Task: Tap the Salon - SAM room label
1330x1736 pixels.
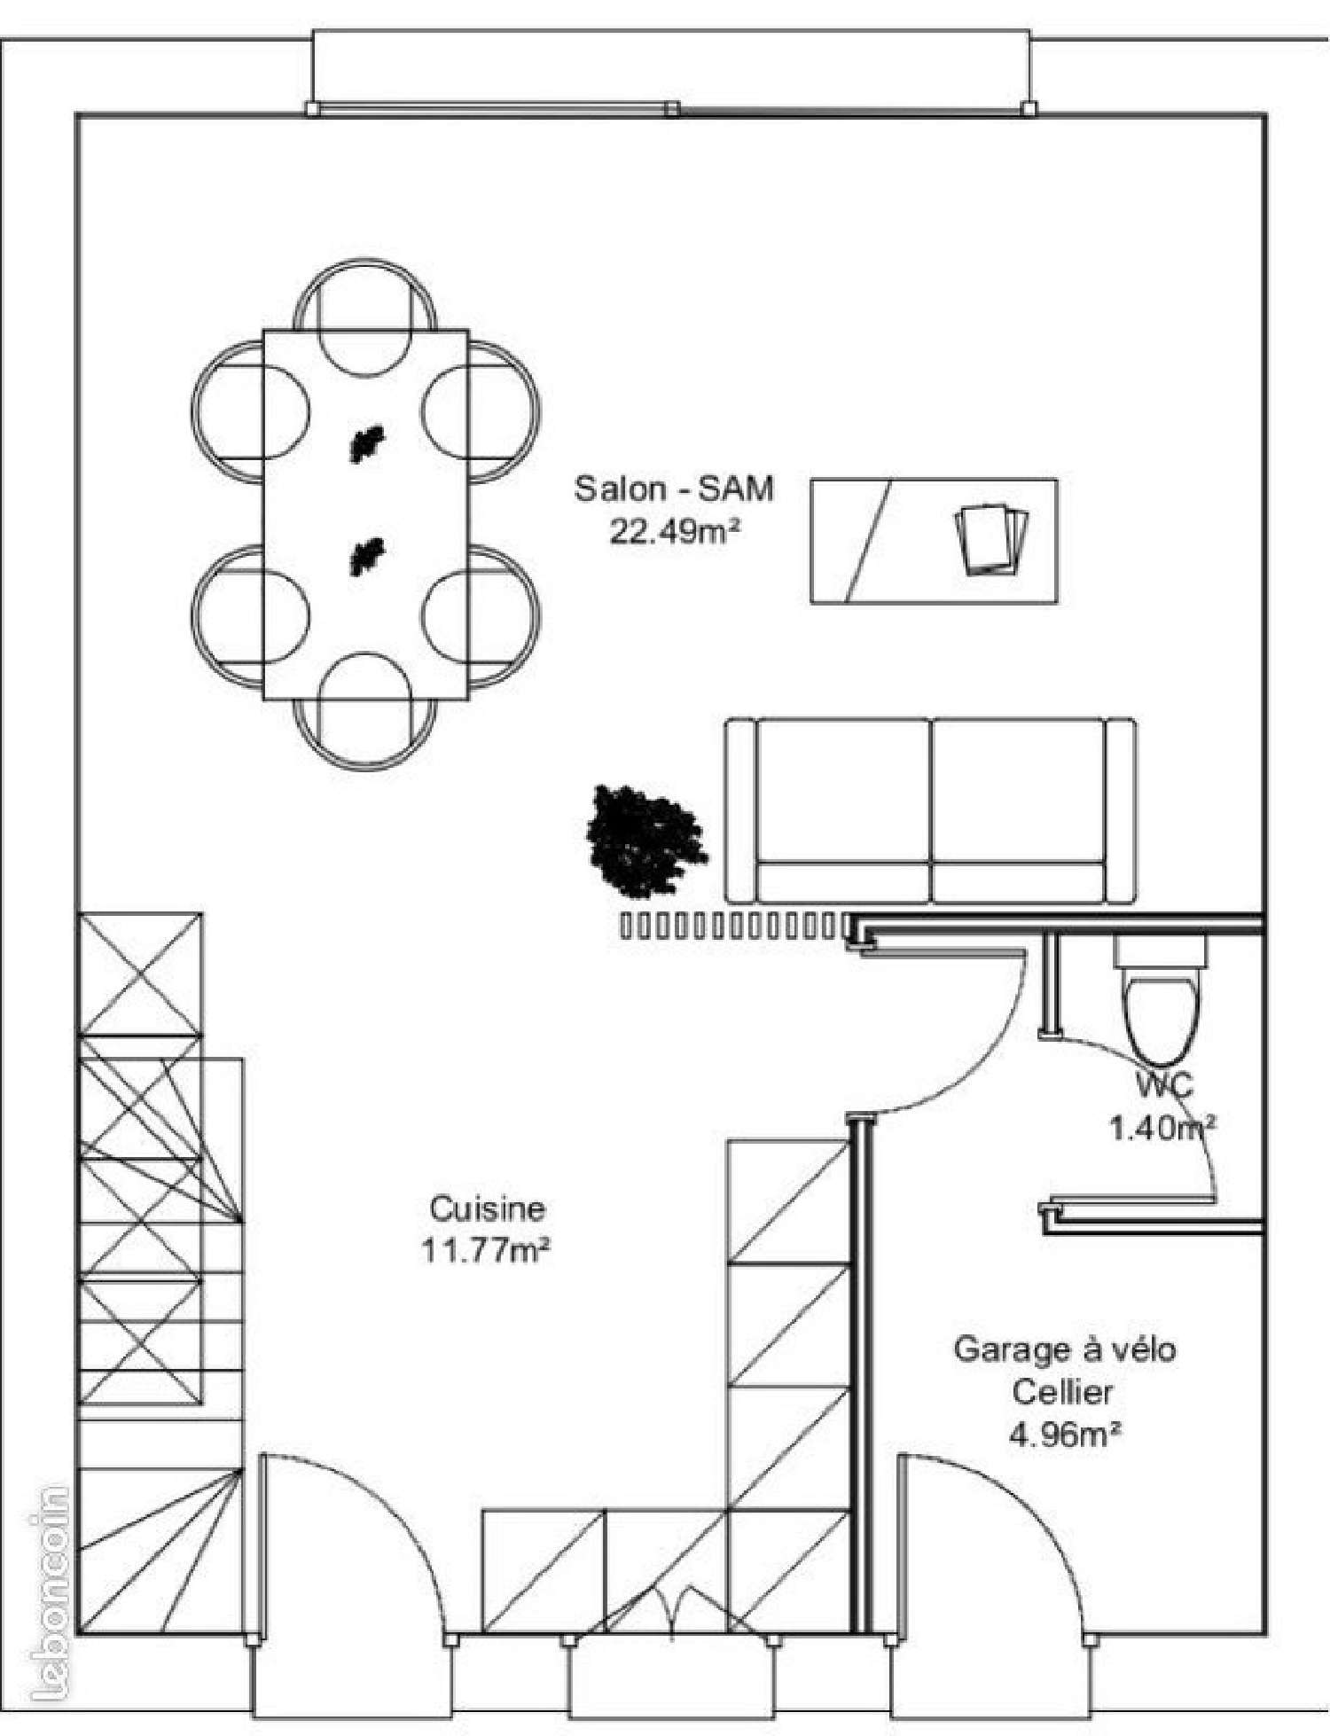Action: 674,489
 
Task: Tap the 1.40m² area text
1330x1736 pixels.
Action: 1162,1127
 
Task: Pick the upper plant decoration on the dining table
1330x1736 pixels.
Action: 365,444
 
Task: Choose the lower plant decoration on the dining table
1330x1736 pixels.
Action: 366,557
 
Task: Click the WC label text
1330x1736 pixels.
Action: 1164,1083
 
